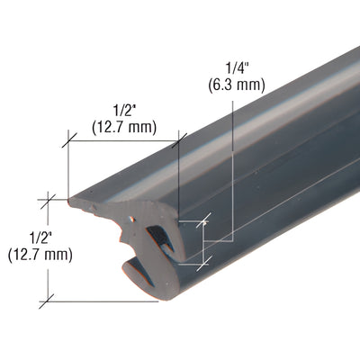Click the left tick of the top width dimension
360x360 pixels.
pyautogui.click(x=67, y=141)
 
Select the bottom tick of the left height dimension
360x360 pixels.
pyautogui.click(x=49, y=301)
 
